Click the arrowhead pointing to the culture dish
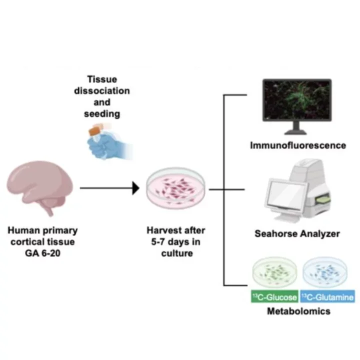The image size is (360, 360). (x=135, y=189)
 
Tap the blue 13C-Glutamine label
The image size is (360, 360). (x=327, y=297)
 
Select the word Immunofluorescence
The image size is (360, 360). (x=298, y=145)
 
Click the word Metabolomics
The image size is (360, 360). (x=298, y=311)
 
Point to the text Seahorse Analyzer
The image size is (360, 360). (x=298, y=233)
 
